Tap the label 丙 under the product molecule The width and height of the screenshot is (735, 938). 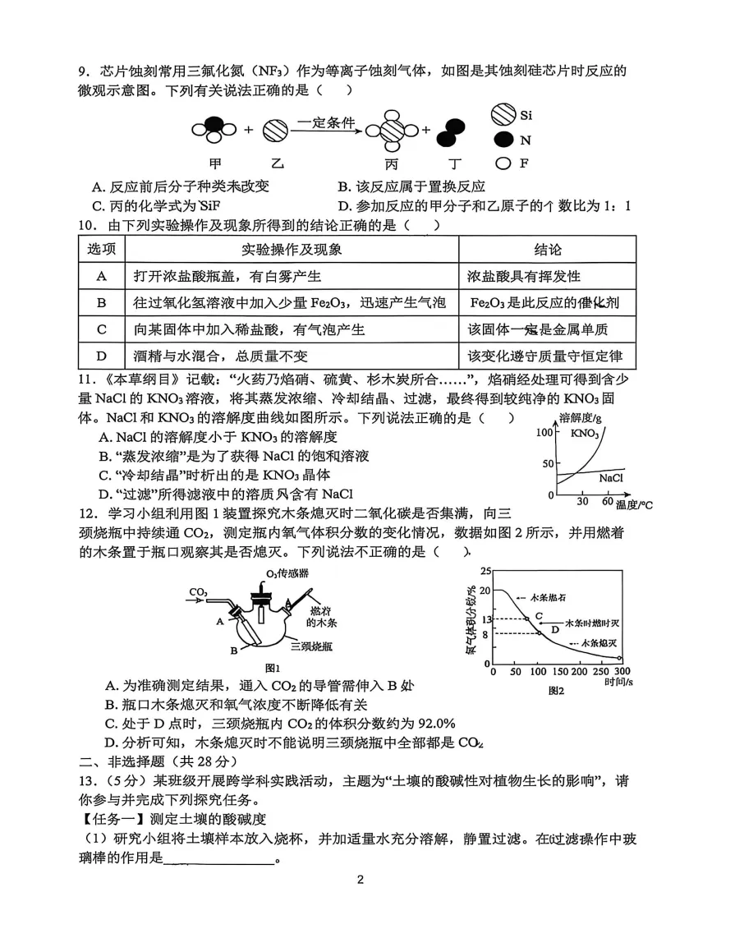391,163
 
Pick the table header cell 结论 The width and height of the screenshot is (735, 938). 547,250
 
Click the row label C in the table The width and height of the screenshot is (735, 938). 102,329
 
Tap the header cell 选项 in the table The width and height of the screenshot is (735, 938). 102,250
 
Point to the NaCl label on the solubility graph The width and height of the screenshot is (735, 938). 610,477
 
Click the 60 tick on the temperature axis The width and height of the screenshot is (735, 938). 607,501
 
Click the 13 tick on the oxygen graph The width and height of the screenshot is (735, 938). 485,618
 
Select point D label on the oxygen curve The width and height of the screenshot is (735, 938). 554,629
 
